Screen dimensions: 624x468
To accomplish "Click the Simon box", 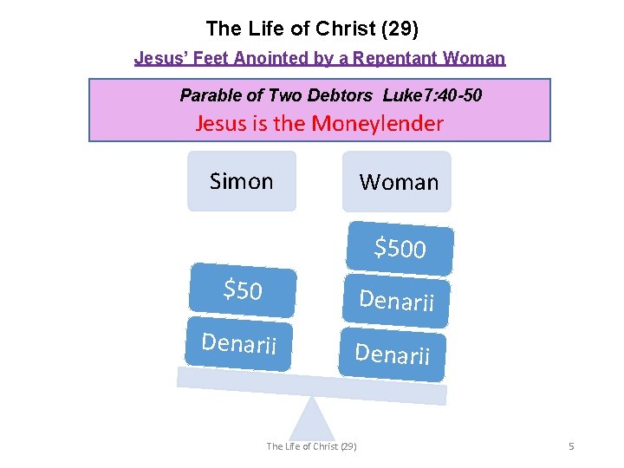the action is click(x=242, y=181).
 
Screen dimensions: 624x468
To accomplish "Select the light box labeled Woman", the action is click(x=397, y=182).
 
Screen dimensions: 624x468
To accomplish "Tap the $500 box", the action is click(x=400, y=249).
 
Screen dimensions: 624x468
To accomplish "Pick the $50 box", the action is click(x=243, y=290).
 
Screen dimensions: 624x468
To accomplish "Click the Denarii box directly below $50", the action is click(x=238, y=344).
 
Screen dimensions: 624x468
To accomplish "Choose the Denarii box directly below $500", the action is click(x=396, y=301).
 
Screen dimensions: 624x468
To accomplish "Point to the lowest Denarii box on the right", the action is click(x=392, y=354).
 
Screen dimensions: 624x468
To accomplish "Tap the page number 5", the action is click(x=571, y=446).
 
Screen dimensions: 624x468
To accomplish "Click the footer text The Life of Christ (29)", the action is click(x=311, y=446).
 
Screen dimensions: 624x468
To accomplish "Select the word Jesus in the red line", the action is click(x=220, y=123).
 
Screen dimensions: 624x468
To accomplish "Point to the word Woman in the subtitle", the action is click(x=473, y=59).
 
